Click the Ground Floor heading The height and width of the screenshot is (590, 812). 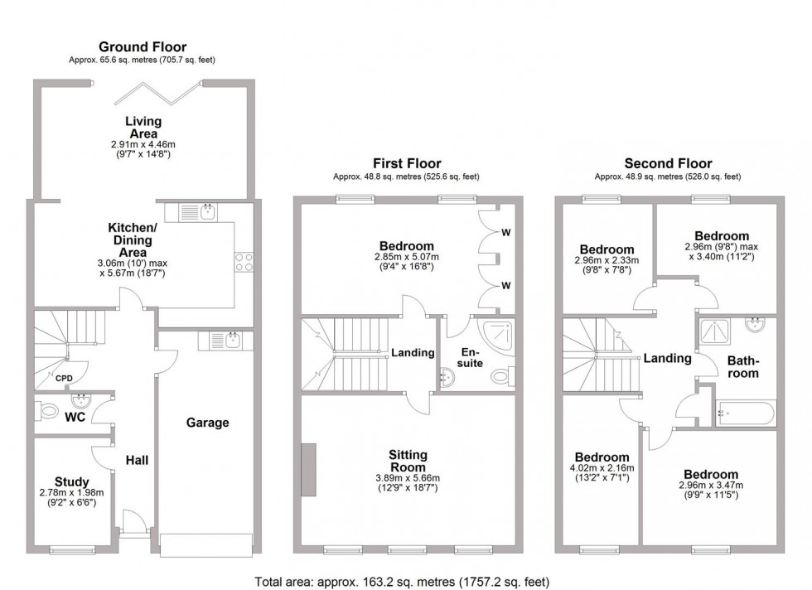(x=143, y=47)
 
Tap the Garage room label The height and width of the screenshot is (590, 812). (x=207, y=423)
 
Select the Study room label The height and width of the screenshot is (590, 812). (x=72, y=481)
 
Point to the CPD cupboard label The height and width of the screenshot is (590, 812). (x=64, y=379)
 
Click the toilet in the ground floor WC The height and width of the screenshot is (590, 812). (x=46, y=410)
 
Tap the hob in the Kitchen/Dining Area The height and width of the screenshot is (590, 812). (x=244, y=262)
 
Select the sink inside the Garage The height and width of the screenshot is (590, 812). (x=231, y=338)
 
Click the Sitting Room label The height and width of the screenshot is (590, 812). (x=408, y=461)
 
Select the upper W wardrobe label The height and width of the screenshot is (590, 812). (x=505, y=233)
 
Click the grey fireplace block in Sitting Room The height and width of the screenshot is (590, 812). (x=308, y=470)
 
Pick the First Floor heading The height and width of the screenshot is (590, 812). (x=405, y=164)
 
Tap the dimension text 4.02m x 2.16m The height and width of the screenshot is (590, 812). (x=602, y=468)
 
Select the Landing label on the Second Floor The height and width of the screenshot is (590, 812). (x=667, y=359)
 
